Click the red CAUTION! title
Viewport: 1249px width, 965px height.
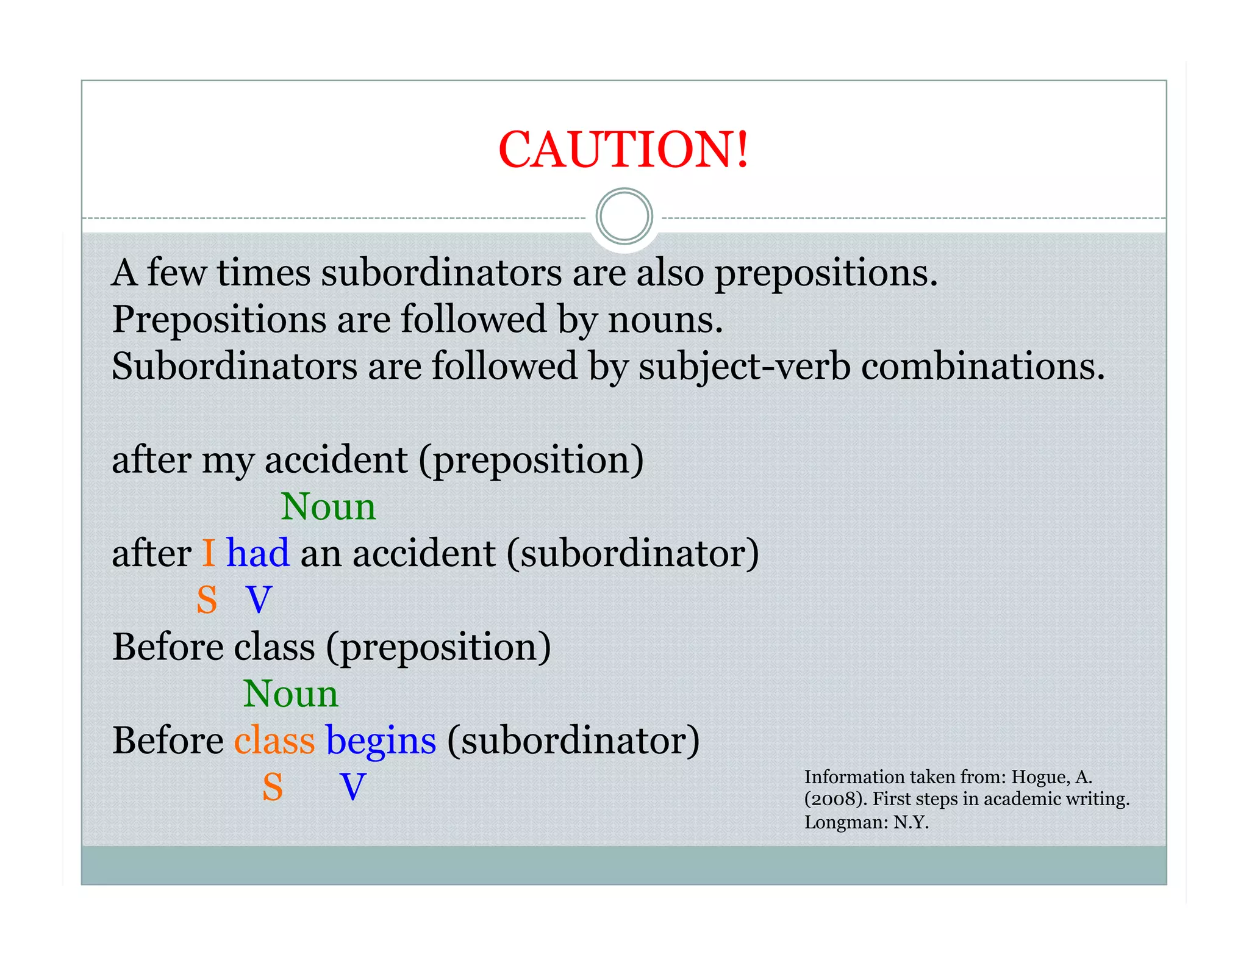coord(623,149)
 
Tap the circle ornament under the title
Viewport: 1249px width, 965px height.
coord(624,217)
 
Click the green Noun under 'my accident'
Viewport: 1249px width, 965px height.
coord(328,506)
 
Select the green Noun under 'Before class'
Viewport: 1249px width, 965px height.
coord(290,694)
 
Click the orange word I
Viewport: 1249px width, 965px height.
coord(209,553)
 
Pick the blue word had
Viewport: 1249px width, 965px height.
coord(257,553)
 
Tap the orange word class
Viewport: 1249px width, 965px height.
coord(274,741)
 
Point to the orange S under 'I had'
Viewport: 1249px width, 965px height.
coord(207,600)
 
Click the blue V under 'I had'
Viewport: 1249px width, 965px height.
coord(259,600)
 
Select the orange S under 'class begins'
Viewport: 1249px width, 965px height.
coord(273,787)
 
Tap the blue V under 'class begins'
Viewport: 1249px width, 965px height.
coord(353,787)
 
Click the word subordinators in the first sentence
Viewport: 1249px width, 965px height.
coord(442,273)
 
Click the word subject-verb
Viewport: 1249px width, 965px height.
coord(744,367)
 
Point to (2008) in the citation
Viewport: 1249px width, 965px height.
coord(836,799)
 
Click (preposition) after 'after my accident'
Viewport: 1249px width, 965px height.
coord(531,460)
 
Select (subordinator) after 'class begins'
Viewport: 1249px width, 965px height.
coord(573,741)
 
